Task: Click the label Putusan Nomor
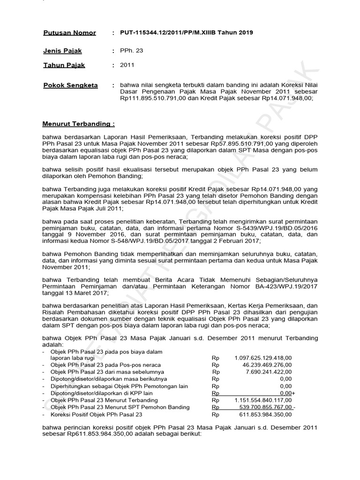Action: (x=69, y=33)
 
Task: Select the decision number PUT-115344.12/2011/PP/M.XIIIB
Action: (x=171, y=32)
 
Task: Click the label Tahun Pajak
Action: (x=64, y=65)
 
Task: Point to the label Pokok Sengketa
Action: (x=70, y=85)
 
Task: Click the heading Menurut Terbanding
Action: (x=78, y=124)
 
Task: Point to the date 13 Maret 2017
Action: (x=86, y=293)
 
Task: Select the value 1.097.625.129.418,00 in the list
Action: (x=263, y=358)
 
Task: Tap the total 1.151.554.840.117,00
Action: (x=263, y=400)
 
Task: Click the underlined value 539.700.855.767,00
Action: (x=265, y=407)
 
